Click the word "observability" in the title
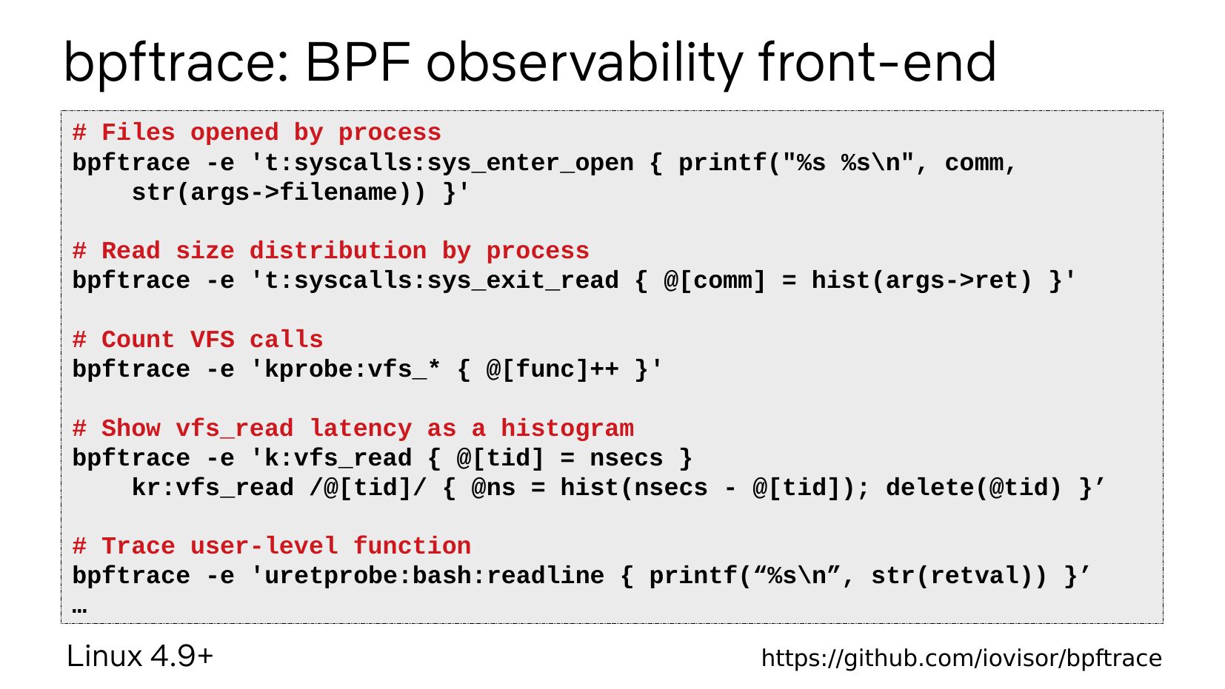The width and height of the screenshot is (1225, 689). [584, 64]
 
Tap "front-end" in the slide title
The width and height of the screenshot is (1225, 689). [877, 62]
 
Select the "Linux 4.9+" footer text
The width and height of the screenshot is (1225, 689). [140, 656]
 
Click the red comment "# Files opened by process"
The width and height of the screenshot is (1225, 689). [256, 132]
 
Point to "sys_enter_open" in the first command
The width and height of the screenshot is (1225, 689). [530, 163]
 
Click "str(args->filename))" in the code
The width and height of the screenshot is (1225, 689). [278, 192]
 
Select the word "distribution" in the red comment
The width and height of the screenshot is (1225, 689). [338, 251]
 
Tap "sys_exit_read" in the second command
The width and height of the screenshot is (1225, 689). [522, 280]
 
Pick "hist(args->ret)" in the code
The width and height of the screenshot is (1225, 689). [921, 280]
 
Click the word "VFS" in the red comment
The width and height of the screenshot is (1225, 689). [212, 339]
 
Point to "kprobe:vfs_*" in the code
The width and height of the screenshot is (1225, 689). [353, 369]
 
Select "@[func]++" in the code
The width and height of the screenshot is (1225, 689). [553, 369]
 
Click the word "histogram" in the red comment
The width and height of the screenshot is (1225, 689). [567, 429]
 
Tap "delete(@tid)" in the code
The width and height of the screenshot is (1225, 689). [974, 488]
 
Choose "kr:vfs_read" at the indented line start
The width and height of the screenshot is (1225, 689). [212, 488]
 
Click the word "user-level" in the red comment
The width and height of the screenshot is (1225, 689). [264, 546]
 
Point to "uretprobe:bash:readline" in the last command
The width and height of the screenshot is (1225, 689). [434, 576]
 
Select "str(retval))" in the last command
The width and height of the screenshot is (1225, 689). [958, 576]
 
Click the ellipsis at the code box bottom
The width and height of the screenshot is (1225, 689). [79, 610]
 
